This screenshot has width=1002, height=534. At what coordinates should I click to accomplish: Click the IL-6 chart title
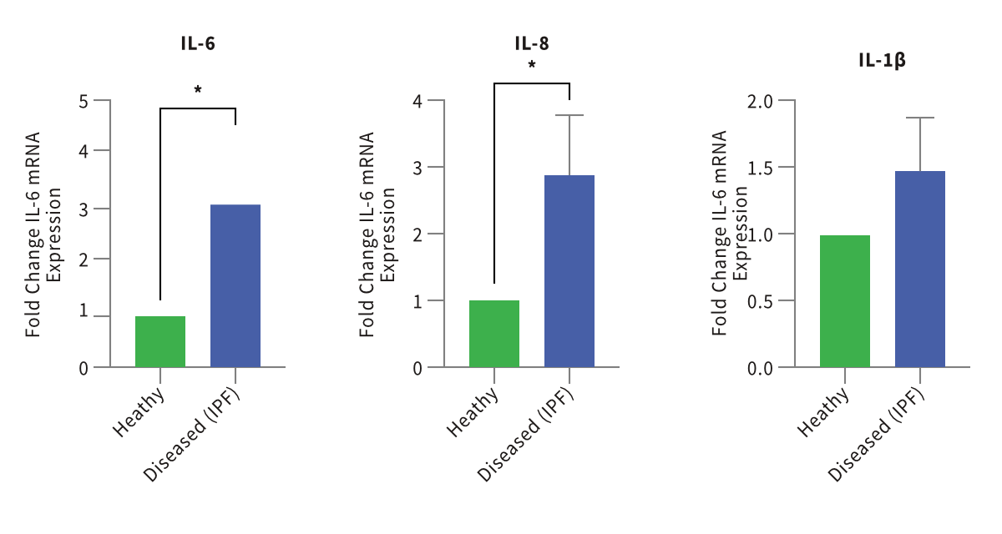[x=198, y=44]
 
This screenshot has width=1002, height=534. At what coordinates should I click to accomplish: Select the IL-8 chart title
[x=532, y=44]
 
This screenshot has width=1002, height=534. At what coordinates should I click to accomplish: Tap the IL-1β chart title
[x=882, y=60]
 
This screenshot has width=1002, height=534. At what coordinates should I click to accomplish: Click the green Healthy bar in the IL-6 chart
[x=160, y=341]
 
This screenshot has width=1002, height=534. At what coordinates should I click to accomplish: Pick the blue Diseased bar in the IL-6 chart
[x=235, y=285]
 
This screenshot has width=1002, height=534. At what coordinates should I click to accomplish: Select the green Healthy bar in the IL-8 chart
[x=494, y=333]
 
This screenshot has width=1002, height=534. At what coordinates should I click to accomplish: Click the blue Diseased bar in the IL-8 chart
[x=569, y=271]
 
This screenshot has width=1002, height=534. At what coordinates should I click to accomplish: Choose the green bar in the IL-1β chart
[x=845, y=301]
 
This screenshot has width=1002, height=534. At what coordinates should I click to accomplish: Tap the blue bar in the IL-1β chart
[x=920, y=269]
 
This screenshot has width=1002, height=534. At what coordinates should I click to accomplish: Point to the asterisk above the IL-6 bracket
[x=198, y=89]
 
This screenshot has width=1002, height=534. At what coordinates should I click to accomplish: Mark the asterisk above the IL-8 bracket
[x=532, y=65]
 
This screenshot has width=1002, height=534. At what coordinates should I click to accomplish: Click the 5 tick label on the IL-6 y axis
[x=83, y=102]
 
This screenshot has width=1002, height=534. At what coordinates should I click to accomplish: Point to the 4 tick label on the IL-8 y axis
[x=417, y=102]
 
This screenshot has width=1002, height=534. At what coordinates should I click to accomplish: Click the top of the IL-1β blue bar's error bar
[x=920, y=118]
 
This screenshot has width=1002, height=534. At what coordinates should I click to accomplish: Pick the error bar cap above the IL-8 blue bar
[x=569, y=115]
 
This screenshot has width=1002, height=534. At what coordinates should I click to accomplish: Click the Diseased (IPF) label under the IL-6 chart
[x=192, y=435]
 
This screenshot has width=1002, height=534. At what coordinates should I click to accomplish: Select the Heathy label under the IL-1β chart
[x=824, y=411]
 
